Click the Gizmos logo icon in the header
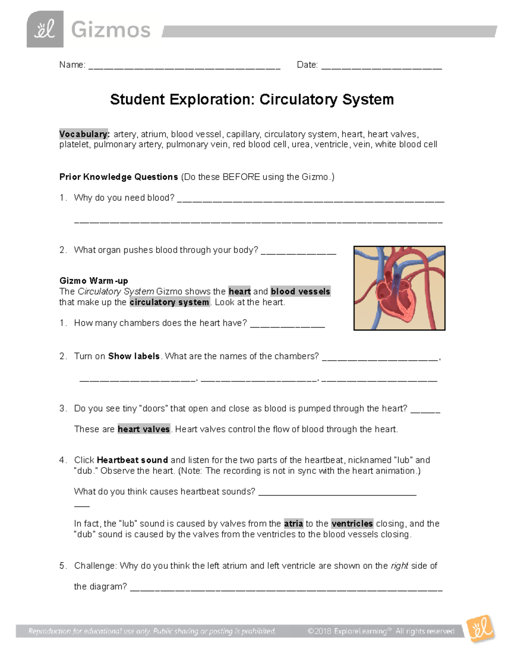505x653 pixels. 45,29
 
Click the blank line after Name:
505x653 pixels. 184,66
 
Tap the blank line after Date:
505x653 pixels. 381,66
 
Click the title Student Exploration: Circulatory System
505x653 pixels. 252,100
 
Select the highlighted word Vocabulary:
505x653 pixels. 85,134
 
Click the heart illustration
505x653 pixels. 399,288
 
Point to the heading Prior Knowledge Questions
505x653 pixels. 119,177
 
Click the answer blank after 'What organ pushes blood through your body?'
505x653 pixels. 298,252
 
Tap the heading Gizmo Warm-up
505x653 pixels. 93,280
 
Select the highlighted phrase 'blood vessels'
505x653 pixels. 300,291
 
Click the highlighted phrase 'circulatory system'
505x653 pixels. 169,302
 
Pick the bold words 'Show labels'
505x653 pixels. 134,356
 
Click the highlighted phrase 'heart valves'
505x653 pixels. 144,429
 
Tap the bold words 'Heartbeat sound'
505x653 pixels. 132,460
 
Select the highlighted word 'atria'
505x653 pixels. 293,523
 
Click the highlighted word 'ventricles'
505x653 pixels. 352,523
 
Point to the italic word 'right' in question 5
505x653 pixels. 399,566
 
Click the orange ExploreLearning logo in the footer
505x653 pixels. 480,629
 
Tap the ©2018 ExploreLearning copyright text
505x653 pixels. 380,631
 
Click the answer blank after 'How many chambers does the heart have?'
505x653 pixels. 287,325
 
